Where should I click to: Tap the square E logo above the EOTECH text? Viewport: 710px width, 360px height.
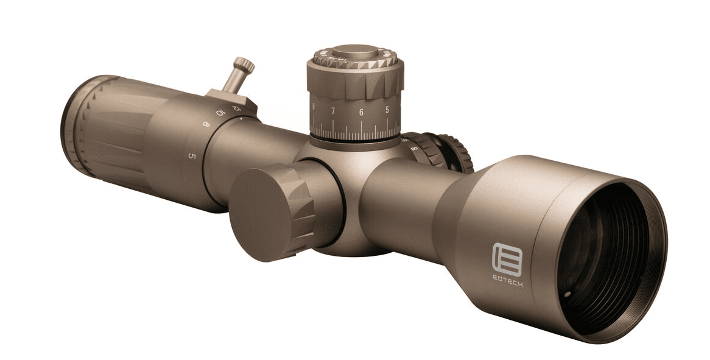[507, 259]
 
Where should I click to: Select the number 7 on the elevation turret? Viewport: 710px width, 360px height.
[333, 111]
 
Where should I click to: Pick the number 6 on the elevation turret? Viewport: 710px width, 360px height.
[361, 112]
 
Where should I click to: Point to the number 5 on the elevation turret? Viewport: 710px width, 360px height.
[387, 110]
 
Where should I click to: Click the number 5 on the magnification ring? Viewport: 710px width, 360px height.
[192, 156]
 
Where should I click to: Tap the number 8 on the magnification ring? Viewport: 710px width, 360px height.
[206, 125]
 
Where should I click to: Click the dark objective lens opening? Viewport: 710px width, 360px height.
[609, 256]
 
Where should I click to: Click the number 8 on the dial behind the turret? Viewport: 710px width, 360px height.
[415, 147]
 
